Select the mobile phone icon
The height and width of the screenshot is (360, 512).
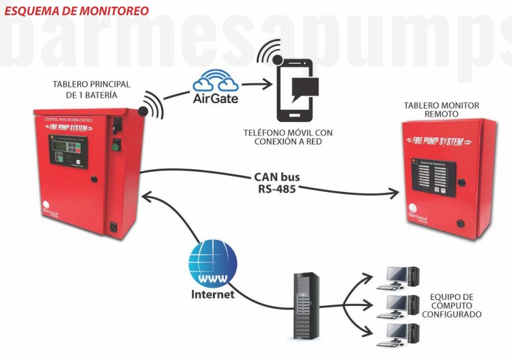(x=295, y=90)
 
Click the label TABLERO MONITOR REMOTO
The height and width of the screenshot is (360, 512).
(x=441, y=110)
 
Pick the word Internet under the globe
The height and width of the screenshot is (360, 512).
(x=212, y=295)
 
